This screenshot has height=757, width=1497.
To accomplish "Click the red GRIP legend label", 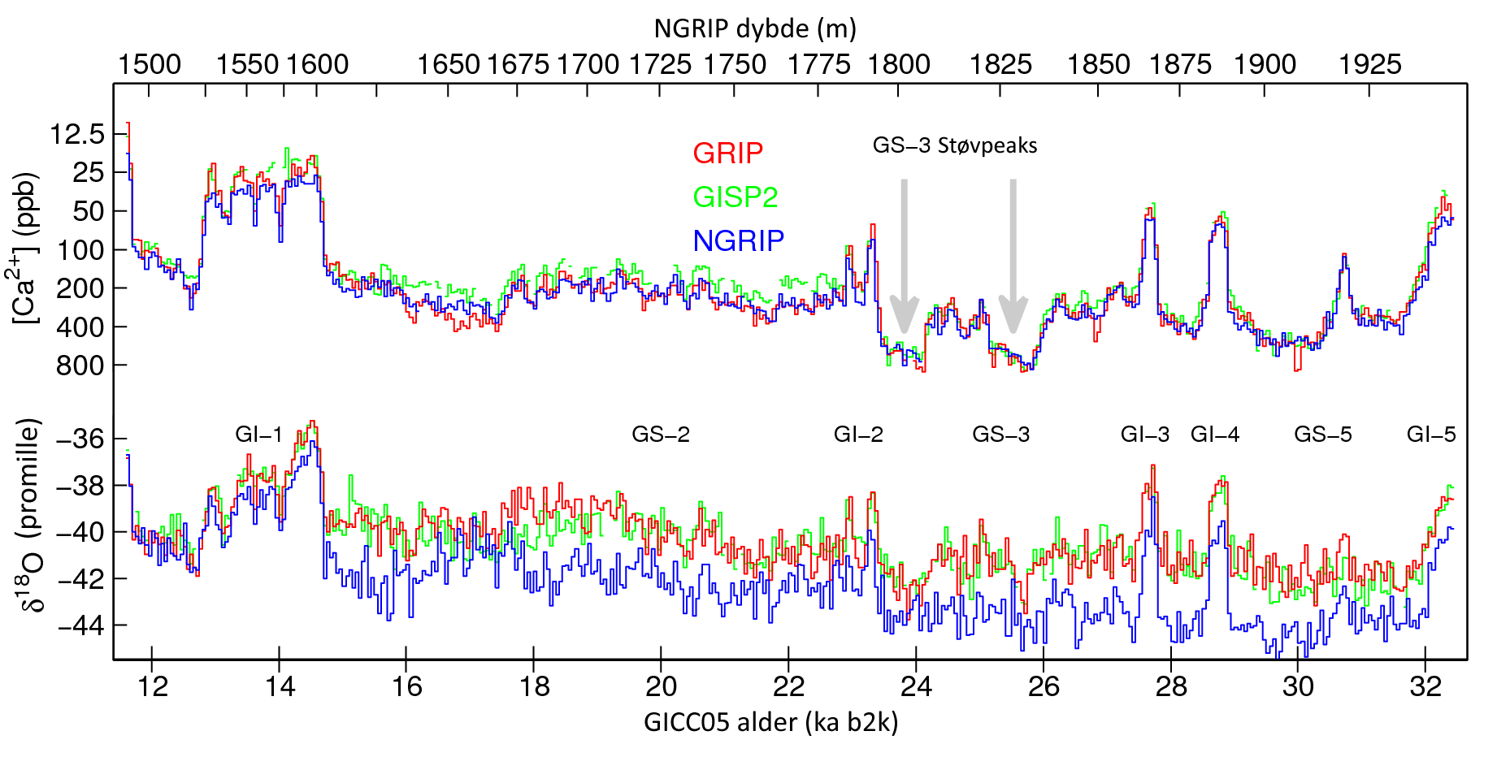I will pos(727,154).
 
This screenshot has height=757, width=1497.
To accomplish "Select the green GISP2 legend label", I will pos(735,197).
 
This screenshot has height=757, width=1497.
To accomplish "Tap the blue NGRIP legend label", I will pos(738,240).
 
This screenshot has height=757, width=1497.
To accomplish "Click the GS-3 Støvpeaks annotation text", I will pos(954,145).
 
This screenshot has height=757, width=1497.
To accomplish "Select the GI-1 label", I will pos(258,435).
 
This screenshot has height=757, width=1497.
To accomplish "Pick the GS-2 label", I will pos(660,435).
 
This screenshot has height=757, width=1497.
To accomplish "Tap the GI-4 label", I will pos(1214,435).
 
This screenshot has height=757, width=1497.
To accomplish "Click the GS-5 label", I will pos(1322,435).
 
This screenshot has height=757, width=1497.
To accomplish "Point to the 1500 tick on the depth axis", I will pos(150,65).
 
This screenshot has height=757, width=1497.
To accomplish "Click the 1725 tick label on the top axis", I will pos(660,65).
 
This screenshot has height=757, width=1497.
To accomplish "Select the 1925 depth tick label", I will pos(1369,65).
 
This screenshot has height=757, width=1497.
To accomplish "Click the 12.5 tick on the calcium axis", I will pos(77,134).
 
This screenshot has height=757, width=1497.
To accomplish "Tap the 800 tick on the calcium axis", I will pos(81,366).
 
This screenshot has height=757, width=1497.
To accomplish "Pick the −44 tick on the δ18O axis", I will pos(81,625).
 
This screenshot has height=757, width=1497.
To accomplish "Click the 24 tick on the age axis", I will pos(916,686).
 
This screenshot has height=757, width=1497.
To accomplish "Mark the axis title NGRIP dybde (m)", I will pos(755,29).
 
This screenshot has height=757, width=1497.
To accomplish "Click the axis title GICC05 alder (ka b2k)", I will pos(770,722).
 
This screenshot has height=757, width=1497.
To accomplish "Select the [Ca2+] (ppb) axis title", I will pos(26,248).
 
